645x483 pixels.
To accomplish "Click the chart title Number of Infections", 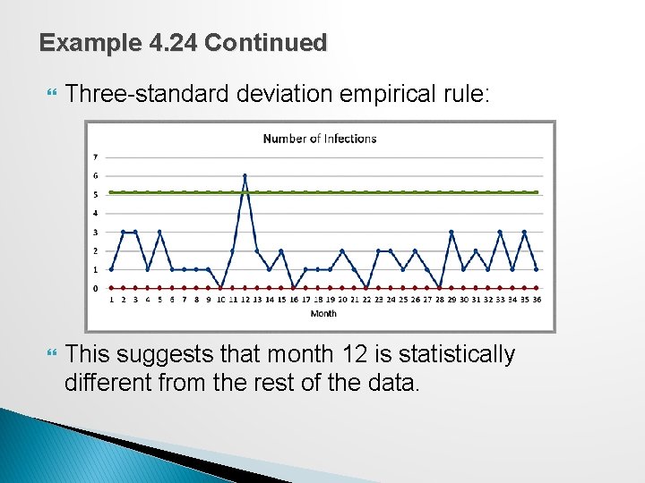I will click(319, 139).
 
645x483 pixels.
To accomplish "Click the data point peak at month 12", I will click(245, 175).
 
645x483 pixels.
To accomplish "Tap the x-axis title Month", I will click(323, 314).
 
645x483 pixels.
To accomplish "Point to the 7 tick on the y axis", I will click(96, 157).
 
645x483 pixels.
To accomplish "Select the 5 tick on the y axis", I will click(96, 194).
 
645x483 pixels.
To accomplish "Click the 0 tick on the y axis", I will click(96, 288).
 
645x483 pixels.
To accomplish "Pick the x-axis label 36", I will click(536, 301).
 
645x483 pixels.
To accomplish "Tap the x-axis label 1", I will click(111, 301).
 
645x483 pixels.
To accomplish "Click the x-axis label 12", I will click(245, 301).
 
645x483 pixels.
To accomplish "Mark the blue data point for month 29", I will click(451, 232).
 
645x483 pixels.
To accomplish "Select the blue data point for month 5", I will click(159, 232).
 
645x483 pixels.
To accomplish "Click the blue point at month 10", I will click(220, 288).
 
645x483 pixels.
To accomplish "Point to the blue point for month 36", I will click(536, 269).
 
